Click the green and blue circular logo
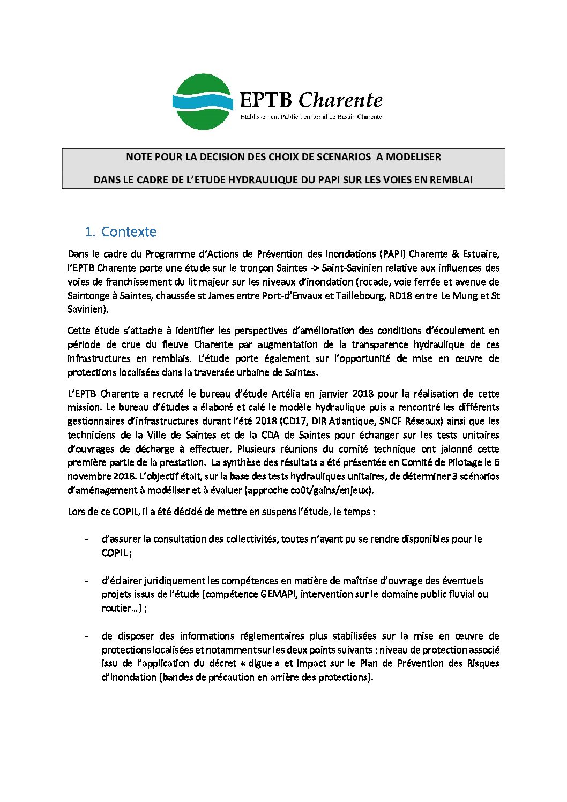[x=203, y=102]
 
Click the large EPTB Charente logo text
[x=311, y=100]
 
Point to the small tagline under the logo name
[x=311, y=117]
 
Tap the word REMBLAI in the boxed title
[x=450, y=180]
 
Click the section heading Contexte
[x=129, y=232]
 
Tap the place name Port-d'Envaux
[x=293, y=296]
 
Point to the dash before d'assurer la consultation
[x=86, y=539]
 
